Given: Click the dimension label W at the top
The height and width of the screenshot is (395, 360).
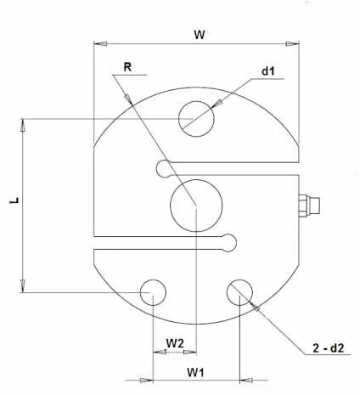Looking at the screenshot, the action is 200,35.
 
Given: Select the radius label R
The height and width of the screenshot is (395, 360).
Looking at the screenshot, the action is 127,67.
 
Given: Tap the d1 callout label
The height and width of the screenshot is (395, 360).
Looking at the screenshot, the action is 268,71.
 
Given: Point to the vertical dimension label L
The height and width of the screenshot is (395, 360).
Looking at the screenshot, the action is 14,200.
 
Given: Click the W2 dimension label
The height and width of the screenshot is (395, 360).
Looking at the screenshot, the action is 175,343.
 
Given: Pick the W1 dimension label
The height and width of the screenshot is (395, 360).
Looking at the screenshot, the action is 195,372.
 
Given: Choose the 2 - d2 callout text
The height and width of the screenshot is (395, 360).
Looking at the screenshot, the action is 329,347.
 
